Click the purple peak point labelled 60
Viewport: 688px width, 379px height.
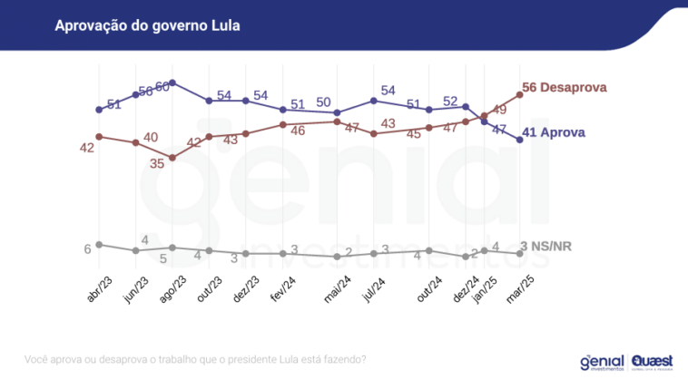tap(172, 82)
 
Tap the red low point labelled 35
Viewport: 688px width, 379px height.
tap(172, 157)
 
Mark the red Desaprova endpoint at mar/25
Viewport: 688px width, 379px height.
tap(519, 94)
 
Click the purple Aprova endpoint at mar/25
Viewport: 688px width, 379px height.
tap(519, 140)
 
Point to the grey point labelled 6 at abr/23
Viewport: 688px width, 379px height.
tap(98, 245)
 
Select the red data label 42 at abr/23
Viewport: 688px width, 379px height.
tap(87, 148)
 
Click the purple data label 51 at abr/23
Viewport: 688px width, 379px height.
tap(114, 104)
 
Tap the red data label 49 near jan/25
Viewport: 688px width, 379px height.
tap(499, 109)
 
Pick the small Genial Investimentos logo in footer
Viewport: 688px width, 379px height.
tap(602, 362)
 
